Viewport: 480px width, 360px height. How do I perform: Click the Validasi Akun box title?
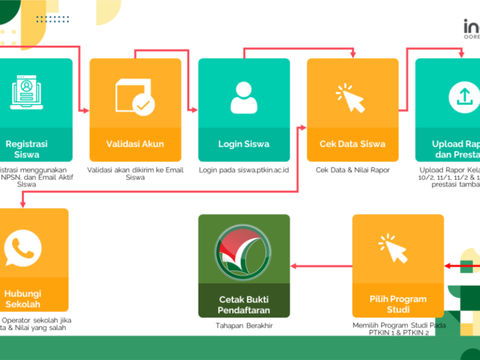click(x=135, y=144)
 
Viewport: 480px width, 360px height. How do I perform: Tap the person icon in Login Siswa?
click(x=244, y=98)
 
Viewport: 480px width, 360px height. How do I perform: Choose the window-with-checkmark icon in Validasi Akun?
click(x=135, y=97)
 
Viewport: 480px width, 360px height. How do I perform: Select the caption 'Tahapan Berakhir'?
click(x=244, y=326)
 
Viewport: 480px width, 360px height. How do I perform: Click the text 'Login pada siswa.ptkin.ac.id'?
click(x=244, y=170)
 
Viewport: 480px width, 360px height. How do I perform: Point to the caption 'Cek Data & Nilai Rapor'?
click(x=353, y=170)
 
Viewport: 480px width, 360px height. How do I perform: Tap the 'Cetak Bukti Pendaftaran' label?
click(x=244, y=305)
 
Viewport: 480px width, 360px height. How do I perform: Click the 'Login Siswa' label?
click(x=244, y=144)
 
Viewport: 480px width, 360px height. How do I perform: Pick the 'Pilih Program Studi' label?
click(x=398, y=304)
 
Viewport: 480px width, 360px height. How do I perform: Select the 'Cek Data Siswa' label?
click(x=353, y=144)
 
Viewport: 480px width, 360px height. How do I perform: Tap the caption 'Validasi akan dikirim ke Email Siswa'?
click(x=135, y=173)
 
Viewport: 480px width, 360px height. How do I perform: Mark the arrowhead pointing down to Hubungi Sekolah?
click(x=23, y=205)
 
